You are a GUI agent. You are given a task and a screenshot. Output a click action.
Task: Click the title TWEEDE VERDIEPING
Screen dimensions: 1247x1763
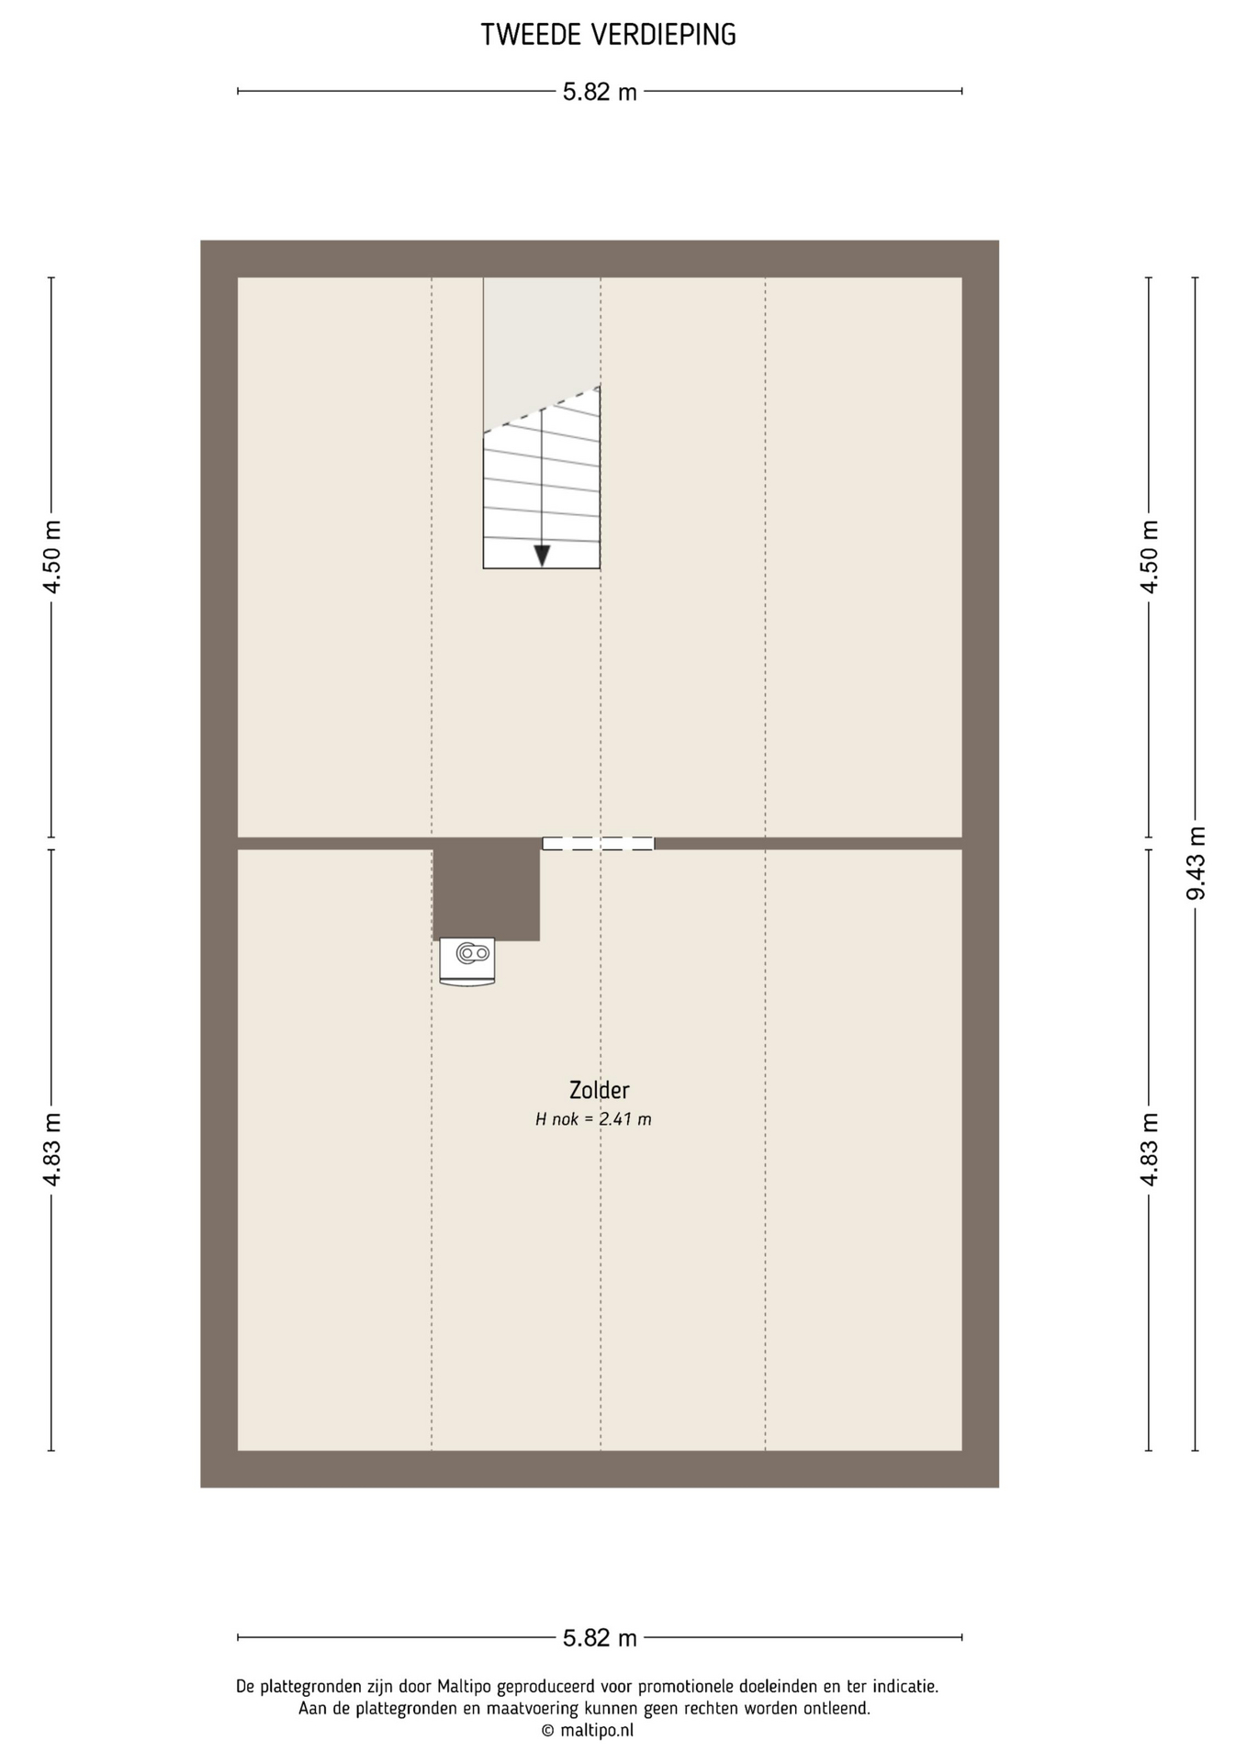tap(608, 35)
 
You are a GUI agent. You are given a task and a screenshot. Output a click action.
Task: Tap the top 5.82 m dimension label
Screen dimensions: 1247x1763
tap(600, 92)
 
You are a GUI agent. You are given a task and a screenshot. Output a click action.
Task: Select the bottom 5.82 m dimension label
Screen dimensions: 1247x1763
tap(600, 1637)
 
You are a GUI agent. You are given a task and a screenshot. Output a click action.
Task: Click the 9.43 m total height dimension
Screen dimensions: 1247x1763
tap(1196, 863)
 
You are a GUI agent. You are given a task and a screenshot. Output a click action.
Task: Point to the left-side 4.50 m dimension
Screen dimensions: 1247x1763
tap(52, 556)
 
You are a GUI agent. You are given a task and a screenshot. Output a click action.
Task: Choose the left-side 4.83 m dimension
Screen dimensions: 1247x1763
tap(52, 1149)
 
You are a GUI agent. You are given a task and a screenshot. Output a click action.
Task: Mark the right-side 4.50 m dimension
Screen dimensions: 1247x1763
tap(1149, 556)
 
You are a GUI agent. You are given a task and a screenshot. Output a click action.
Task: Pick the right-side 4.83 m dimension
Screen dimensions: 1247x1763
tap(1149, 1149)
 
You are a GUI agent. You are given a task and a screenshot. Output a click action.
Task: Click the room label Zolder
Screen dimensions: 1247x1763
tap(599, 1090)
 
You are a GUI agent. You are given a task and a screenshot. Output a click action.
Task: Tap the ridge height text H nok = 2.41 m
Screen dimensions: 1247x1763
tap(593, 1119)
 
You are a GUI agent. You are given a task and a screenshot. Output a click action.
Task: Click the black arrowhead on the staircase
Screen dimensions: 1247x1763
tap(542, 556)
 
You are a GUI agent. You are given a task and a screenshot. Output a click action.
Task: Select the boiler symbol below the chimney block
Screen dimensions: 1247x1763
tap(467, 961)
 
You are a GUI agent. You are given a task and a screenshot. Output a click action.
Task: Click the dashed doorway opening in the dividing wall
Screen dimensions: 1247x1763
tap(598, 844)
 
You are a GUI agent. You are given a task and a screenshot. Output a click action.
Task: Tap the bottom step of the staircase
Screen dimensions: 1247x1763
tap(542, 554)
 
